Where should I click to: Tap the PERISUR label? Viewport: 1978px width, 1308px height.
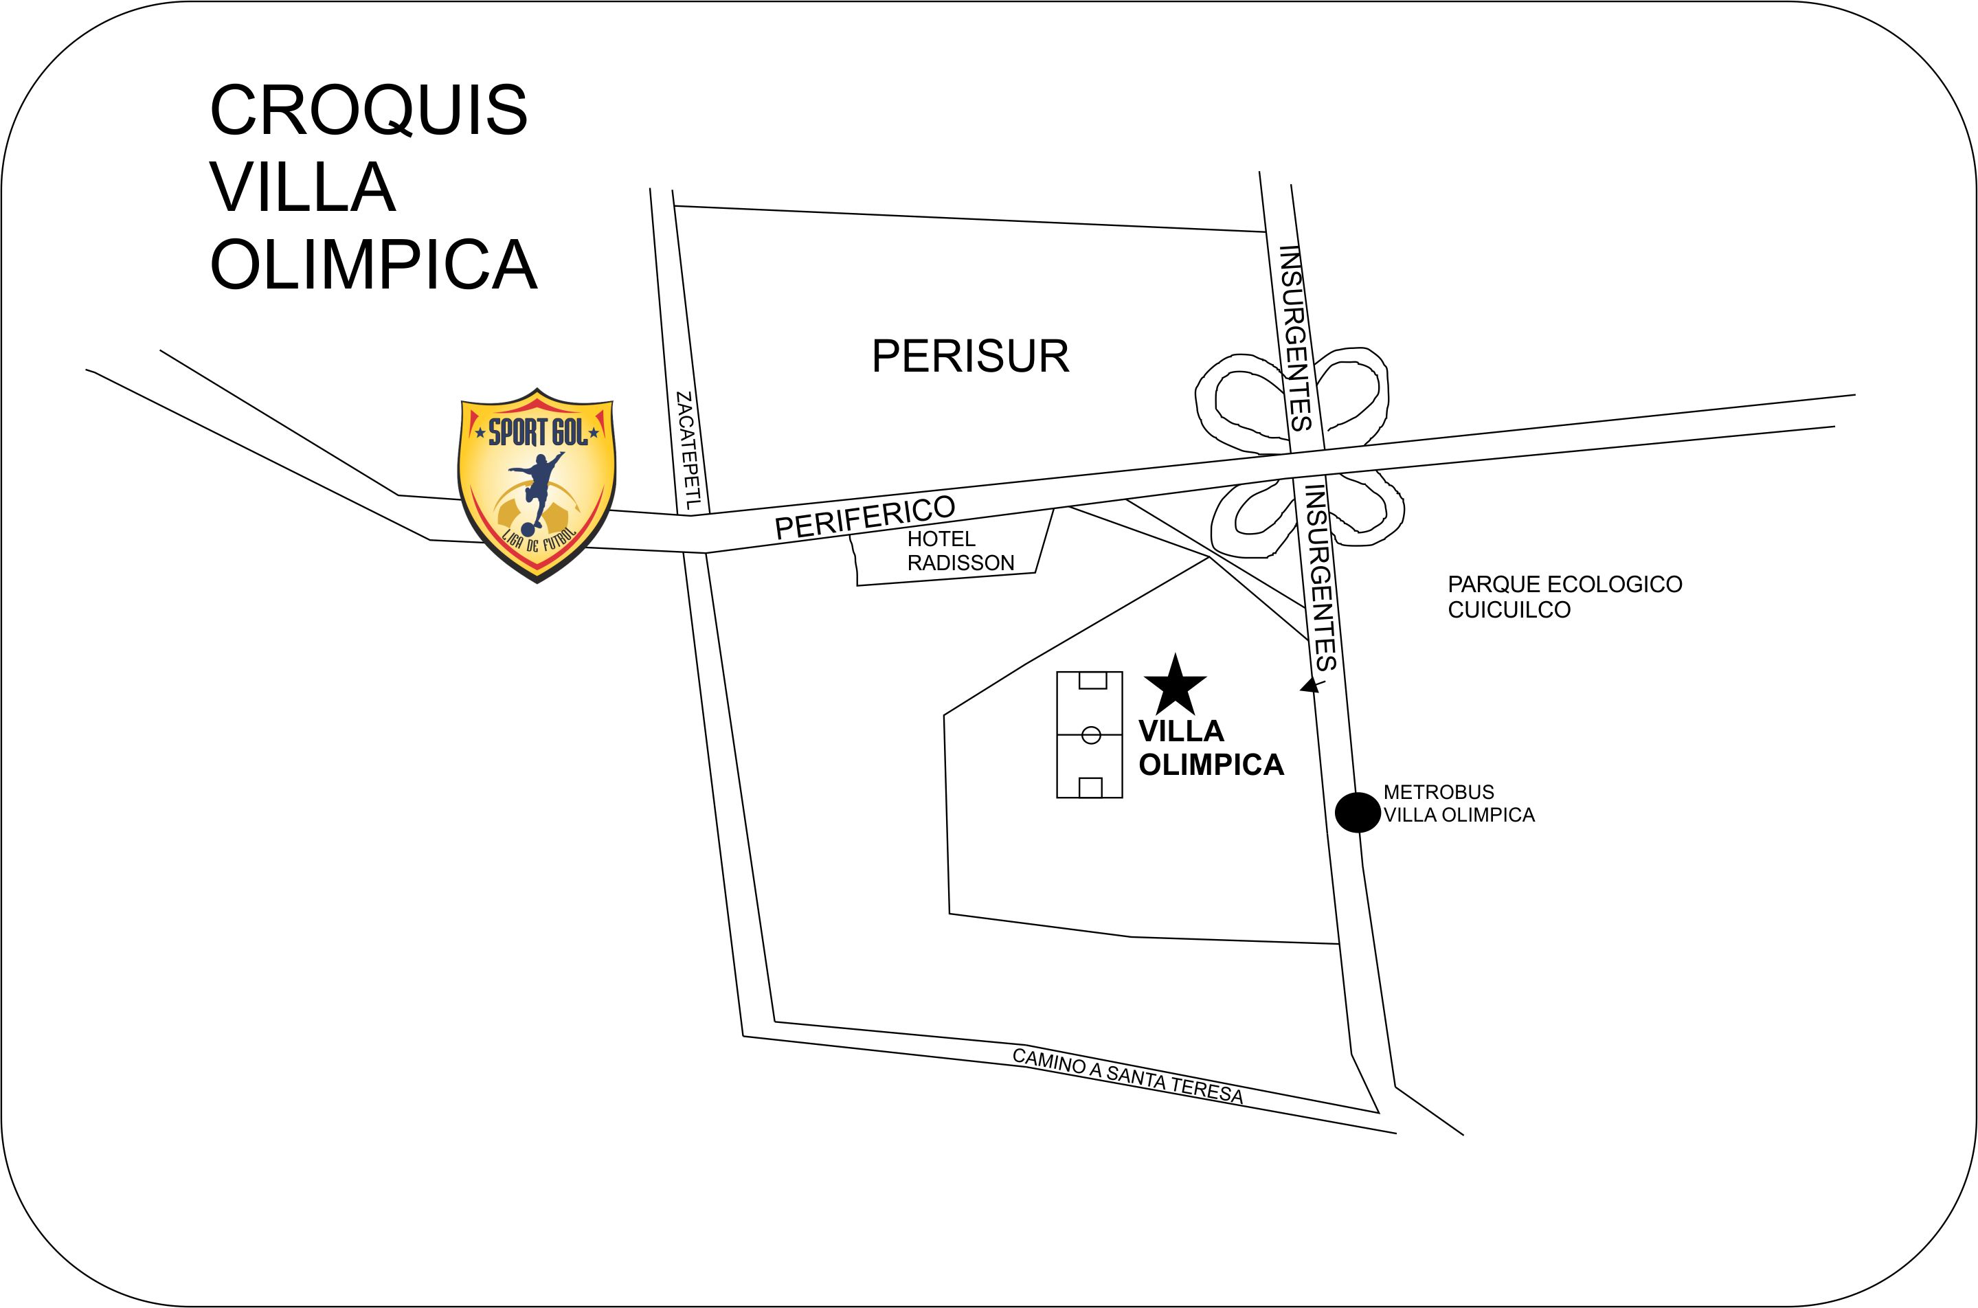tap(969, 357)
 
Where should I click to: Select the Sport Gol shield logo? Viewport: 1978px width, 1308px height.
tap(537, 486)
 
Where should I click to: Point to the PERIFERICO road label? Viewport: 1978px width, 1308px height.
tap(864, 517)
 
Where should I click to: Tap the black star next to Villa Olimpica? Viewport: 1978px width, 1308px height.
tap(1175, 686)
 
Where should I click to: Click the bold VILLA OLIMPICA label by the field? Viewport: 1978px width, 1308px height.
tap(1210, 747)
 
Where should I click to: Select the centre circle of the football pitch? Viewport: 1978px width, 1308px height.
tap(1090, 735)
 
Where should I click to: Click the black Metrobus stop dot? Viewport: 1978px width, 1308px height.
tap(1358, 812)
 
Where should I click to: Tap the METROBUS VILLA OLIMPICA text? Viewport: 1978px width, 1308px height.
tap(1459, 803)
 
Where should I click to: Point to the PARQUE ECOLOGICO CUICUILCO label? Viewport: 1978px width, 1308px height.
tap(1564, 596)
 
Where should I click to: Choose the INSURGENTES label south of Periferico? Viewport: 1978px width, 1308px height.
tap(1320, 576)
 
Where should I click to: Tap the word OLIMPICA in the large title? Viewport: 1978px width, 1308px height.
tap(373, 264)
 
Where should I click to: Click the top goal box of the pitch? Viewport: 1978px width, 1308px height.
tap(1092, 680)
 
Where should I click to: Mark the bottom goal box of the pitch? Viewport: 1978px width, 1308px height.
tap(1090, 787)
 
